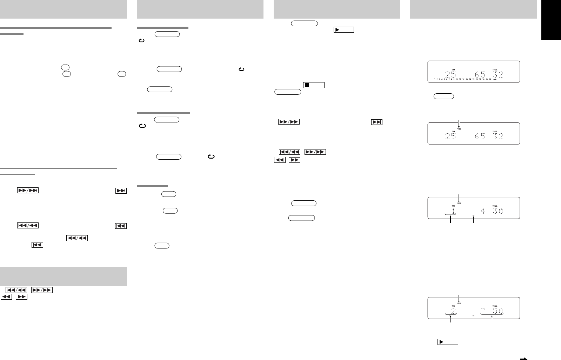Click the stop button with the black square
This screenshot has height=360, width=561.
[313, 85]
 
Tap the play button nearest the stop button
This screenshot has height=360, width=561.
[343, 30]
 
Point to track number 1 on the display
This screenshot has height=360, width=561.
[453, 211]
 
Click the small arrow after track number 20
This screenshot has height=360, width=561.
[495, 79]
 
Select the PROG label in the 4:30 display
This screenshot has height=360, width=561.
[459, 203]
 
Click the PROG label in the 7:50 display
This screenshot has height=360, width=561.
[459, 304]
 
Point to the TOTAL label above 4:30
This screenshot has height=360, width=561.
[495, 206]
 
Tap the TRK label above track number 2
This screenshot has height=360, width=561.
[453, 306]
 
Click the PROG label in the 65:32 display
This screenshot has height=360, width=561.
[459, 129]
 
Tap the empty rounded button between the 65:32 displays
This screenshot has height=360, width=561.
[444, 96]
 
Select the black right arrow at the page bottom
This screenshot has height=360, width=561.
[524, 358]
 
